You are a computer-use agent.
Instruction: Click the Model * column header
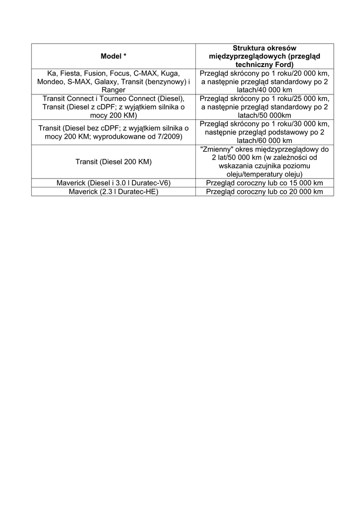[113, 56]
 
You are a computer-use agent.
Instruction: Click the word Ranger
[113, 90]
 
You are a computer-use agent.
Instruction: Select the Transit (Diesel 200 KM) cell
[113, 162]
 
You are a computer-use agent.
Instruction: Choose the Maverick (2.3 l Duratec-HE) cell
[113, 191]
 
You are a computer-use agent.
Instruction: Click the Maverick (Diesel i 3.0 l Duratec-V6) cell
[113, 183]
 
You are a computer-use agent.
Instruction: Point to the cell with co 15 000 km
[265, 183]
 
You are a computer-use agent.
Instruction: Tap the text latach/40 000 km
[265, 90]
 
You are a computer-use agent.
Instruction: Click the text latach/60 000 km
[265, 141]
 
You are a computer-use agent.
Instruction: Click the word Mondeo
[50, 81]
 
